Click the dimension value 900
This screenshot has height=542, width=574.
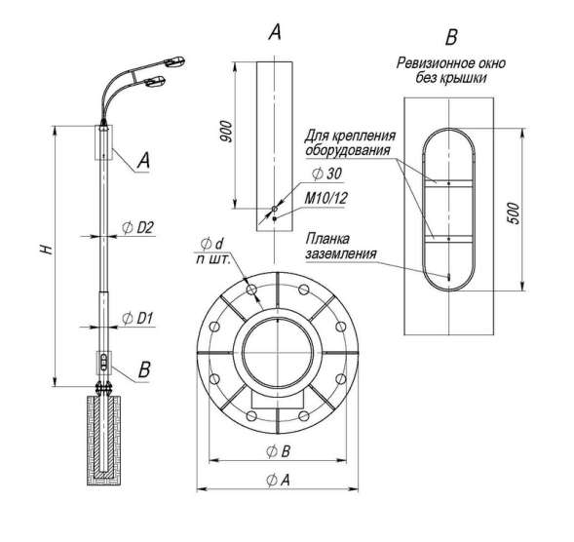[227, 131]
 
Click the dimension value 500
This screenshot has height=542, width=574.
[514, 213]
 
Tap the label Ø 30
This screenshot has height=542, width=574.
[326, 174]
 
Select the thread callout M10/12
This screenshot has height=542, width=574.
[325, 198]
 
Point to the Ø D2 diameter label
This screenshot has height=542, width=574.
[137, 228]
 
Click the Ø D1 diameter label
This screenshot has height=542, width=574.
[136, 318]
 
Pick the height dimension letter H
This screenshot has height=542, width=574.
[47, 250]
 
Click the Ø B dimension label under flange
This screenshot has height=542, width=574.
[278, 451]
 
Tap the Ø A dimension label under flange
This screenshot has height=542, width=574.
[278, 480]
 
